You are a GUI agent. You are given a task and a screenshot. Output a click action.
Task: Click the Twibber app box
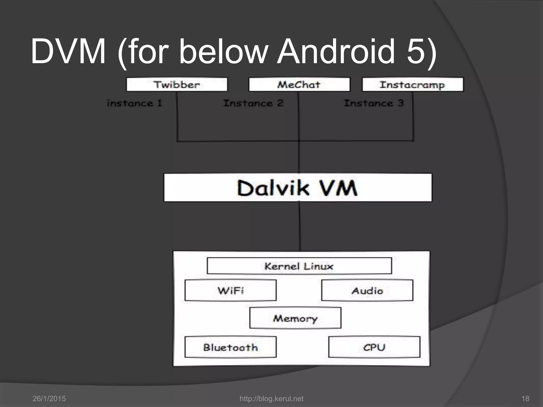(x=177, y=85)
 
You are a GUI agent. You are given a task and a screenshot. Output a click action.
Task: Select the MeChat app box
(x=299, y=85)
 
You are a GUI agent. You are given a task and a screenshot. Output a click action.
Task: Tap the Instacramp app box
(x=413, y=85)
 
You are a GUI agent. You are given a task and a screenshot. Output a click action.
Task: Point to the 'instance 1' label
(x=134, y=103)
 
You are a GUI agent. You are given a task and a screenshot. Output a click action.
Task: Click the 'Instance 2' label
(x=253, y=103)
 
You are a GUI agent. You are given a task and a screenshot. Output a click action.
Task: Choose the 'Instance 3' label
(x=374, y=103)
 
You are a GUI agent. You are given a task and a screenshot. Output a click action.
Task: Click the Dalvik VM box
(x=298, y=188)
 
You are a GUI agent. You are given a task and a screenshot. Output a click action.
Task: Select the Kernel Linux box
(x=299, y=266)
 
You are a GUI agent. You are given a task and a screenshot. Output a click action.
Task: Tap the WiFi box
(x=230, y=290)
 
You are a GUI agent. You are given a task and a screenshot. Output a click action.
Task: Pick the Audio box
(x=367, y=290)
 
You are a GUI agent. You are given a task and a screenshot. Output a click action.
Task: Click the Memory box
(x=295, y=318)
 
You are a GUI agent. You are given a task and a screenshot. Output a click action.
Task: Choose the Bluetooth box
(x=230, y=347)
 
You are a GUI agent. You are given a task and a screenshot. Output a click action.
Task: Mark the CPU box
(x=374, y=347)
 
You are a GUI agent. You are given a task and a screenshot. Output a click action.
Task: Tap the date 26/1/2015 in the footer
(x=49, y=399)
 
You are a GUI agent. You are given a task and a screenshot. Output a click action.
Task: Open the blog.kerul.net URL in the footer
(x=271, y=399)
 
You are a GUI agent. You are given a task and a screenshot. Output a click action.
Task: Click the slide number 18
(x=525, y=399)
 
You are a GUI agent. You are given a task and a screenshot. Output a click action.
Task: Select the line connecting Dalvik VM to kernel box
(x=300, y=227)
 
